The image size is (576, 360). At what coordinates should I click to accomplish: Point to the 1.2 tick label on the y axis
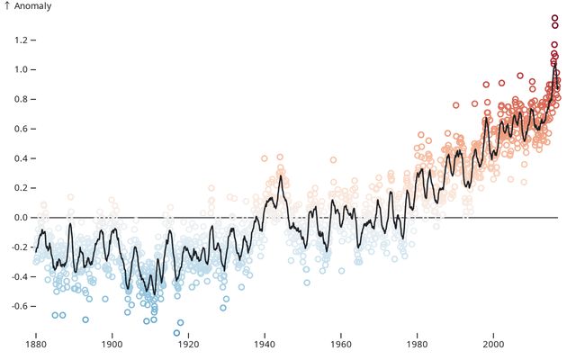coord(20,40)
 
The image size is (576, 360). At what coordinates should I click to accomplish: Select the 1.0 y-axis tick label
coord(20,69)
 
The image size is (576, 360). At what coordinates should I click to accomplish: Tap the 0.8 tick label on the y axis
coord(20,99)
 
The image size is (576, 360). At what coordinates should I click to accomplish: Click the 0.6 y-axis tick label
coord(20,129)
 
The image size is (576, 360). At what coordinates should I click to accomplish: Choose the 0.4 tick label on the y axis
coord(20,158)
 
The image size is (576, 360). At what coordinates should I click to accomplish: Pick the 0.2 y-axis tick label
coord(20,188)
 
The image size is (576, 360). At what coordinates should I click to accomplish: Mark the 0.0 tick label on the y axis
coord(20,218)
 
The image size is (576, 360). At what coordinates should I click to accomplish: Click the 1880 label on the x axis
coord(36,345)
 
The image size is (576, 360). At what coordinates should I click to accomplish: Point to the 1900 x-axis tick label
coord(112,345)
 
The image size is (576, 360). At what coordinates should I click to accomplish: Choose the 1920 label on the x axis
coord(188,345)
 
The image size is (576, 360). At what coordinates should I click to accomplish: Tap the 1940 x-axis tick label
coord(265,345)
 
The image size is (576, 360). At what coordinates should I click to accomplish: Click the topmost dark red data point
coord(555,18)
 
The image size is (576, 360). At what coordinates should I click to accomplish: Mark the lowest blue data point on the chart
coord(176,333)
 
